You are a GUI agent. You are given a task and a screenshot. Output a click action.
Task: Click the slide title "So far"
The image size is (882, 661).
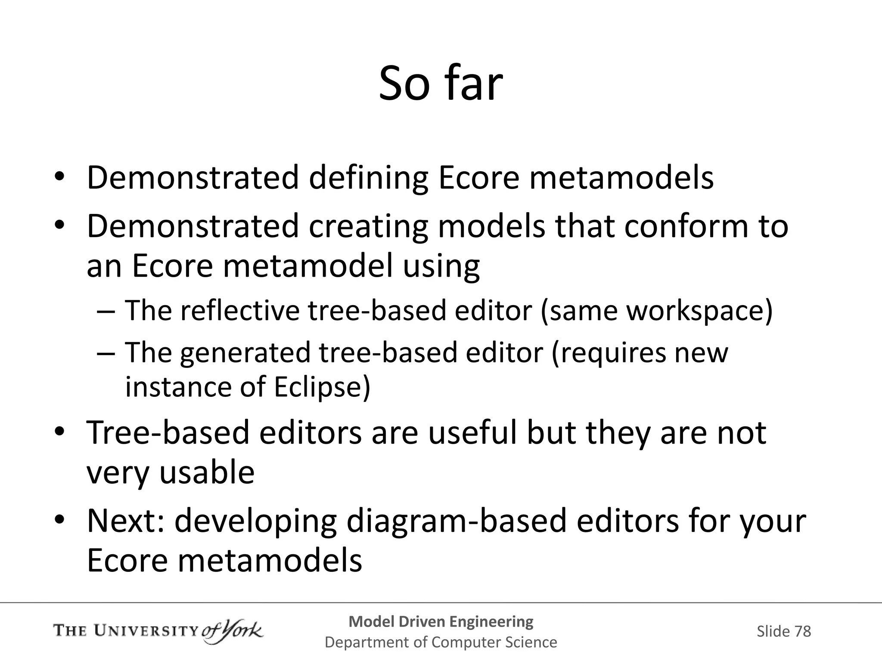441,83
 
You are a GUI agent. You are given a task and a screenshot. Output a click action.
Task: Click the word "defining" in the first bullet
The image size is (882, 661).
368,178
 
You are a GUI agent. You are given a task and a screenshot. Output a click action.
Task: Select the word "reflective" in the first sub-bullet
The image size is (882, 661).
239,310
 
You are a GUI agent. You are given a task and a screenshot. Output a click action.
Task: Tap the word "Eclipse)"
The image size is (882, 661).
322,387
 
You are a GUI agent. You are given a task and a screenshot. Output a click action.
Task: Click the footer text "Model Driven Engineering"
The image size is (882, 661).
441,622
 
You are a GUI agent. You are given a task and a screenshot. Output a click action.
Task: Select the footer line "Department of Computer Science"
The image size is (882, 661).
441,642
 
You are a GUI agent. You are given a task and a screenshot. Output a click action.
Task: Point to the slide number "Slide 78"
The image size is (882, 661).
783,631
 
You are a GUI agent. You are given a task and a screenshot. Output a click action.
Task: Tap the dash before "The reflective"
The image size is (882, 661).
106,311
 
